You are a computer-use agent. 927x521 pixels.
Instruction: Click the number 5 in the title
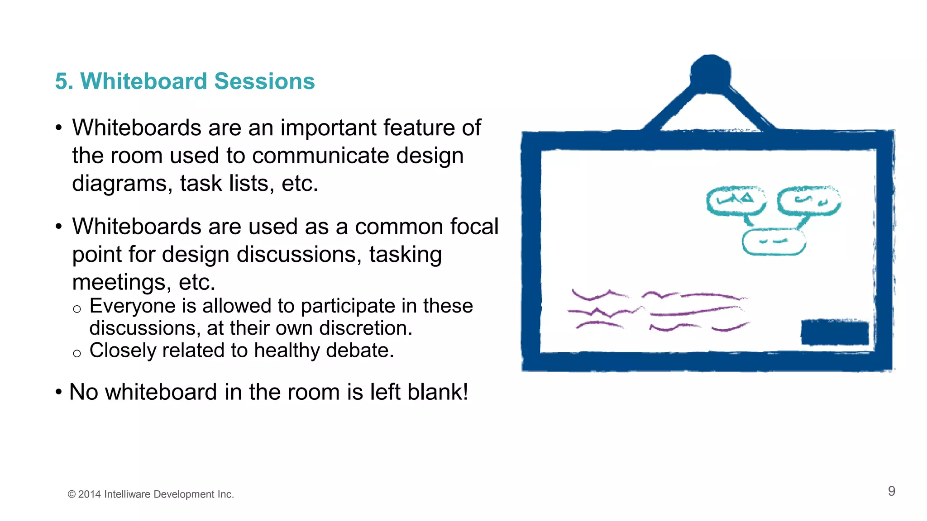(x=61, y=82)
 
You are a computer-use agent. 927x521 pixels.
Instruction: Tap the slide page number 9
(x=891, y=491)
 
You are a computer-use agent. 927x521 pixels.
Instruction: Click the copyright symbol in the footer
(x=71, y=494)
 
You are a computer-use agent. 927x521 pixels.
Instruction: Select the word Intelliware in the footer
(x=127, y=494)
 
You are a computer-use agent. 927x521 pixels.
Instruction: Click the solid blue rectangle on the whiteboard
(x=834, y=332)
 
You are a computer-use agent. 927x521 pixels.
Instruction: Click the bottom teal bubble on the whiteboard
(x=774, y=242)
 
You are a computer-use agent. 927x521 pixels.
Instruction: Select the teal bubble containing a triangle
(x=736, y=201)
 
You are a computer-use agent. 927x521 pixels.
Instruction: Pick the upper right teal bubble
(x=809, y=201)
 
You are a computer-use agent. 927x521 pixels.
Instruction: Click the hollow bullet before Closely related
(x=77, y=353)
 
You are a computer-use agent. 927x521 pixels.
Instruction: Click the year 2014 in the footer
(x=89, y=494)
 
